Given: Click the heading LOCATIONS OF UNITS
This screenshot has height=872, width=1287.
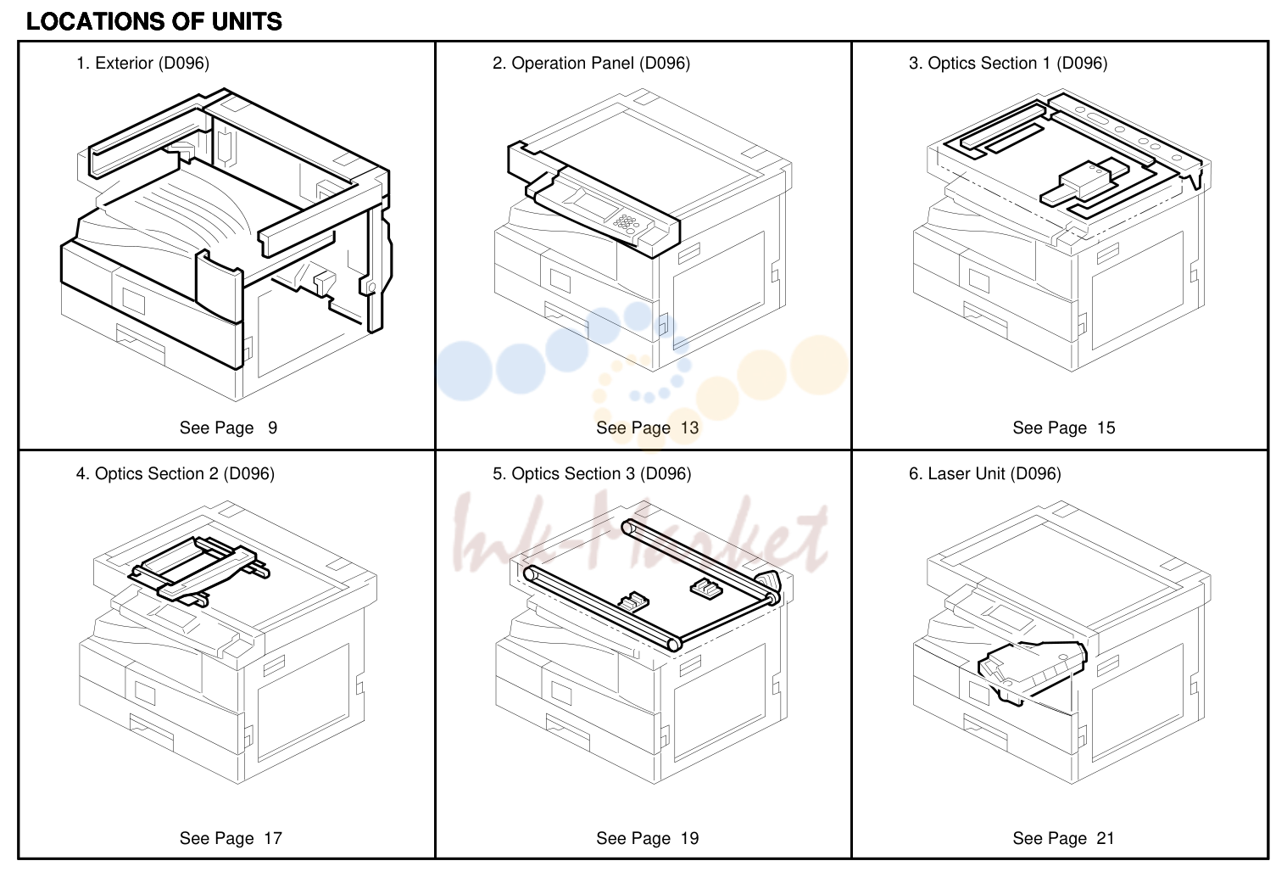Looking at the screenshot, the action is coord(154,22).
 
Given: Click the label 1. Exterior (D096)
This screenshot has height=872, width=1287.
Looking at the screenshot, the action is coord(142,63).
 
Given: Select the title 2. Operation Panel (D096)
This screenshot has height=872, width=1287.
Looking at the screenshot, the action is coord(591,63).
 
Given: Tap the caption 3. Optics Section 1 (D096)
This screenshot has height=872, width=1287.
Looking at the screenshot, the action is coord(1008,63).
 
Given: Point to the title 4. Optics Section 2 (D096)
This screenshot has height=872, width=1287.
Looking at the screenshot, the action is coord(175,473).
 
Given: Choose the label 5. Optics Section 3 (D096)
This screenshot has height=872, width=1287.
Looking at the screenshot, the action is coord(592,473).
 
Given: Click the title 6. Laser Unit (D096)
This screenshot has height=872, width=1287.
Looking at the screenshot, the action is coord(985,473).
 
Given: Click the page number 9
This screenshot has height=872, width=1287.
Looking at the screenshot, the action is coord(272,428).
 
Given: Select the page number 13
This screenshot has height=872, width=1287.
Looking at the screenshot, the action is coord(689,428).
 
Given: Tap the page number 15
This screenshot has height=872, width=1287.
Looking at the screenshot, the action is coord(1106,428).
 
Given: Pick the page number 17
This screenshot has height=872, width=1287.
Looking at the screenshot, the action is coord(273,838).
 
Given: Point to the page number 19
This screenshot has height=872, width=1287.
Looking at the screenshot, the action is coord(689,838).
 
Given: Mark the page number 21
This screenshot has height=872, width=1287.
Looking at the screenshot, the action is coord(1106,838).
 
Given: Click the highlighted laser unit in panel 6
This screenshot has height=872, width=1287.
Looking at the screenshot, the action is coord(1031,671).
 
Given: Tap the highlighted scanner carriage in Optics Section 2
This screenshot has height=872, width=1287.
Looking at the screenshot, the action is coord(198,570).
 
